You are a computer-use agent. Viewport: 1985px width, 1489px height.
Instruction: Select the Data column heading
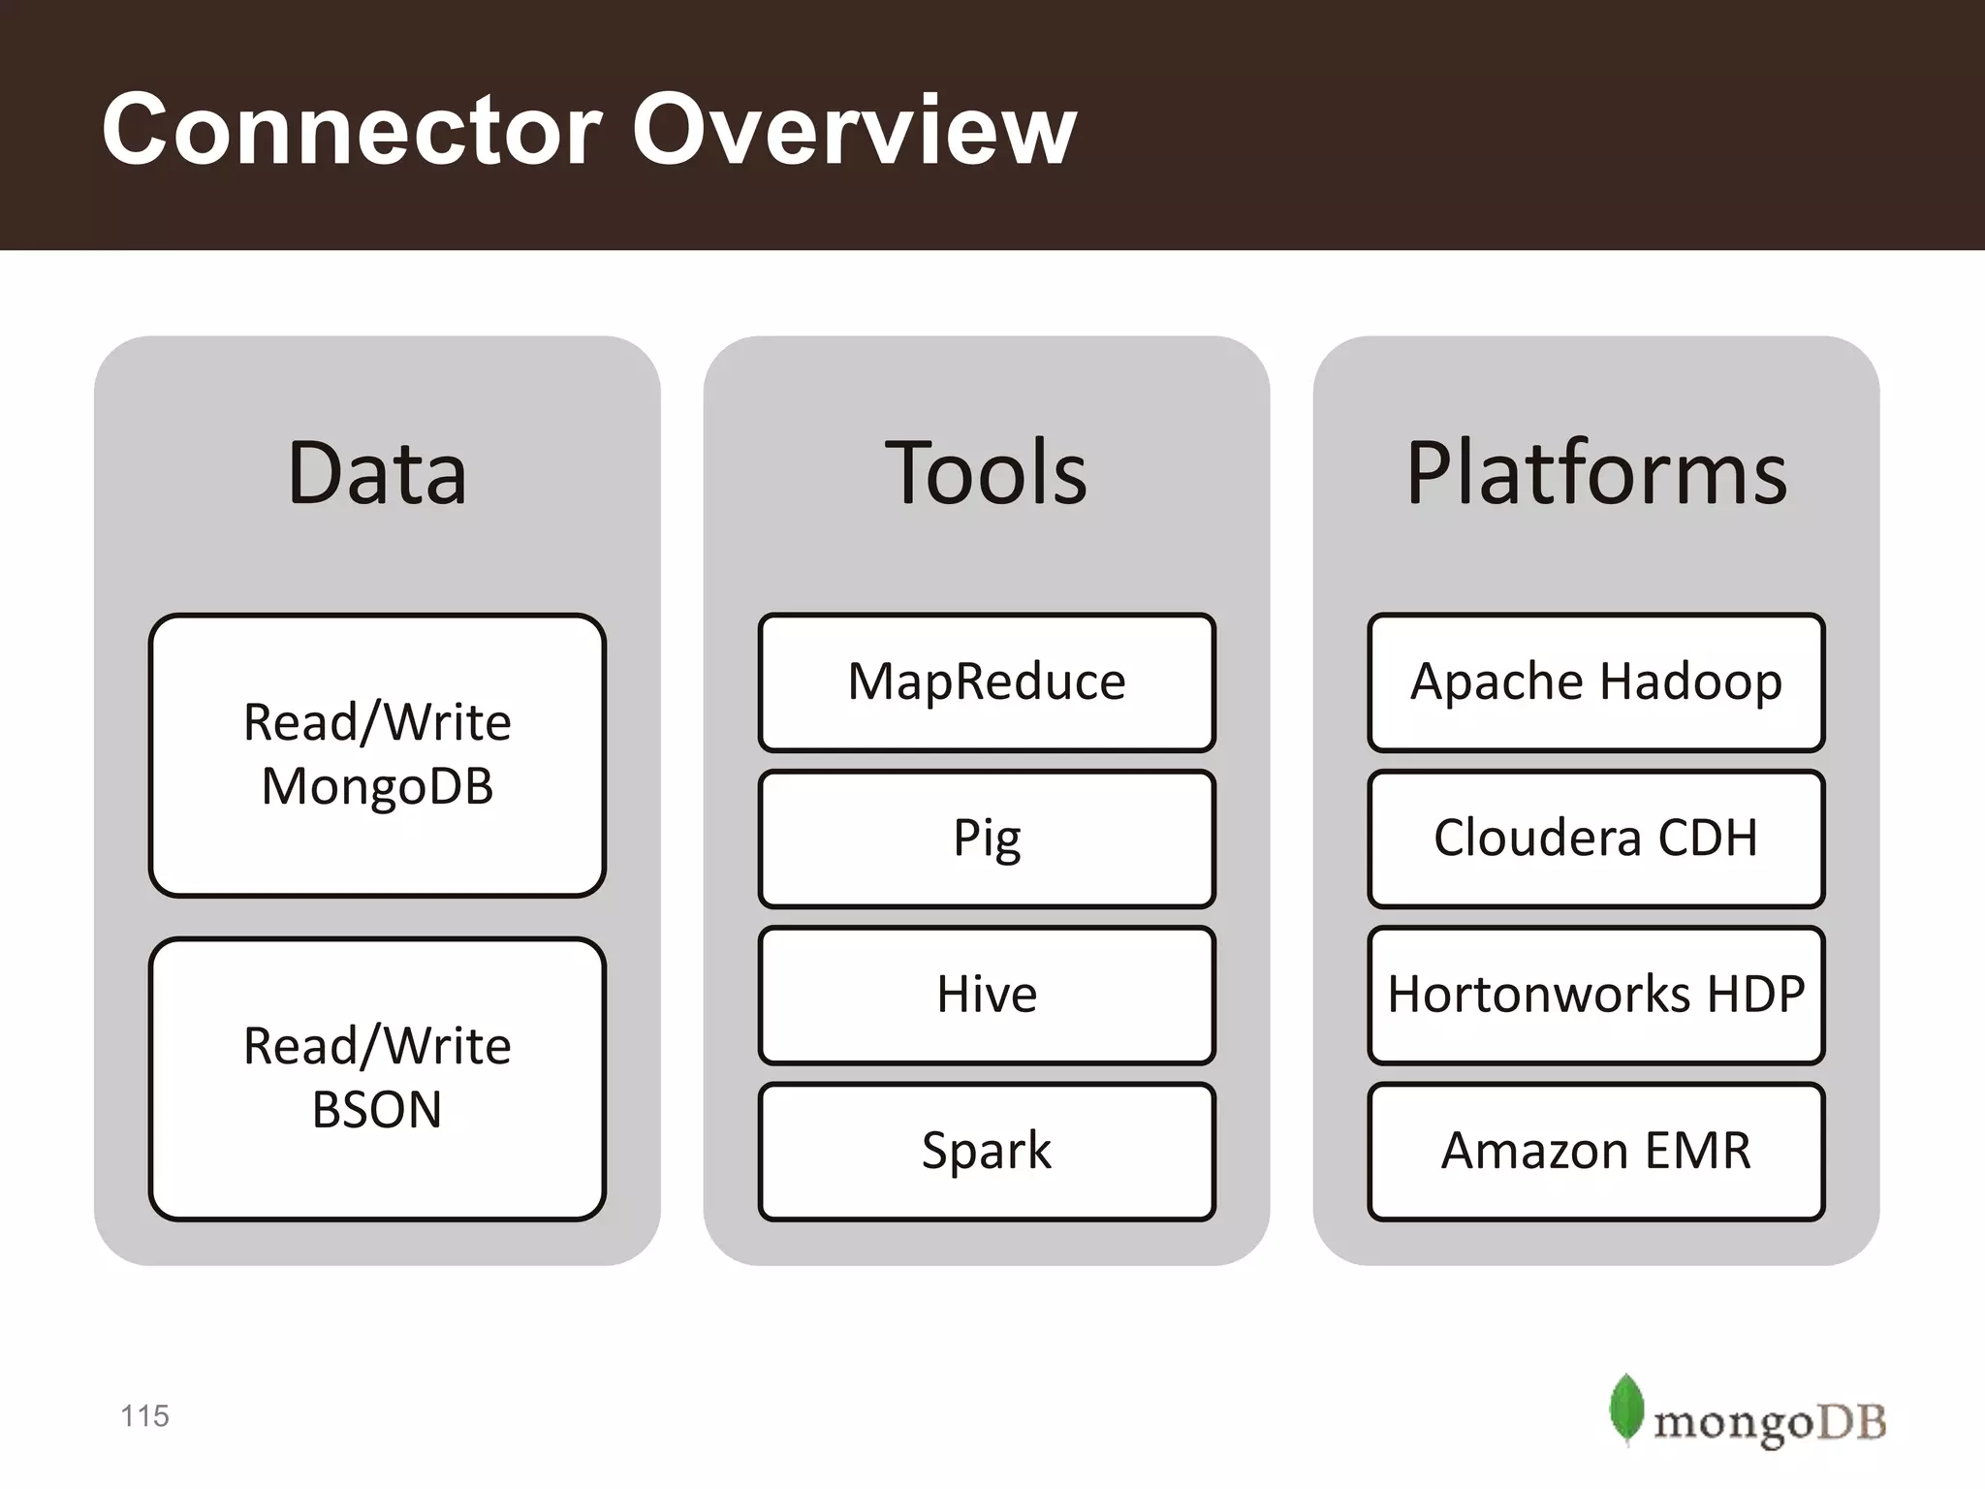pos(377,473)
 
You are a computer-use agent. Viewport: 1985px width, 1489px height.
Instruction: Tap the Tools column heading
pos(986,473)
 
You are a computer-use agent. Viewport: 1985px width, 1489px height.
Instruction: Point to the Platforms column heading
pos(1596,473)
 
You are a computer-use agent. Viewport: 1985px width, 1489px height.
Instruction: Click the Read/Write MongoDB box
pos(377,754)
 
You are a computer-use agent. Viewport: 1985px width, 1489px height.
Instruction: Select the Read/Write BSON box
pos(377,1078)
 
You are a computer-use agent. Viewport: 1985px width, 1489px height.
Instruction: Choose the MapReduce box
pos(987,681)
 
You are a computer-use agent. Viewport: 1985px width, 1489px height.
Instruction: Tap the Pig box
pos(987,839)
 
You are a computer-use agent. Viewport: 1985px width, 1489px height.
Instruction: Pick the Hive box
pos(987,995)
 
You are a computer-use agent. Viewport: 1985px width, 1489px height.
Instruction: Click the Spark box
pos(987,1151)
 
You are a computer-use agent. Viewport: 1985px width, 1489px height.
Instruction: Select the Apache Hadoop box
pos(1596,681)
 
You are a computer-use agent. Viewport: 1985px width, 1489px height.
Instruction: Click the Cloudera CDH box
pos(1596,839)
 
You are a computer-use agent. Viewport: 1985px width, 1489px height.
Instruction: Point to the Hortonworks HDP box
pos(1596,995)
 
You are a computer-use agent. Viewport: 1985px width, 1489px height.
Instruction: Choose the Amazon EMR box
pos(1596,1151)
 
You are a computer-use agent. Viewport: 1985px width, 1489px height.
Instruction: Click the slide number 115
pos(144,1416)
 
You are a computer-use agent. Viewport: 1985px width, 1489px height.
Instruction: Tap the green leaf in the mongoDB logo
pos(1625,1409)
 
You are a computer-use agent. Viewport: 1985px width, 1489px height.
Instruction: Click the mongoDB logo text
pos(1769,1423)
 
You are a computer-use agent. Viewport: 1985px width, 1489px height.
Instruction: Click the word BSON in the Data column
pos(377,1110)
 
